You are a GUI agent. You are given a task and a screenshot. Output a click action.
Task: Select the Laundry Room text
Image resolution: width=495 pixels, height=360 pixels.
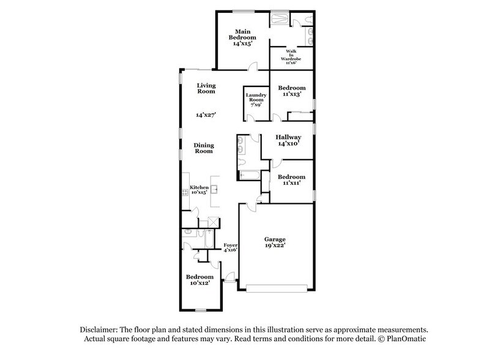256,100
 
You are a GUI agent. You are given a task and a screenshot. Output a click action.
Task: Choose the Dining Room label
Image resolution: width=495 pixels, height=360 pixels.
204,148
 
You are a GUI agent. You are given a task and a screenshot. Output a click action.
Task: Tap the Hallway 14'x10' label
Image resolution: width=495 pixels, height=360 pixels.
288,140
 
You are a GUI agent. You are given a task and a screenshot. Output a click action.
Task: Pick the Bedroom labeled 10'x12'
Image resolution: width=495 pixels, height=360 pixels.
199,280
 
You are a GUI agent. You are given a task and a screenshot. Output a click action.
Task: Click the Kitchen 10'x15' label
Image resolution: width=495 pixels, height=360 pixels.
198,190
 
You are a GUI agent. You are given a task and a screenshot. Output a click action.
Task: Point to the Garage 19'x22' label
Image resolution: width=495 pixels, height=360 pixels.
275,241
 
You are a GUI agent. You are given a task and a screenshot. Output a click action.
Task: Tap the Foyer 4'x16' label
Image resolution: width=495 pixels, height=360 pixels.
229,247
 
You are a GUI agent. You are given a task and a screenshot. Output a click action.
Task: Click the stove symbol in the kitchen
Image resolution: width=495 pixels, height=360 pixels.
184,193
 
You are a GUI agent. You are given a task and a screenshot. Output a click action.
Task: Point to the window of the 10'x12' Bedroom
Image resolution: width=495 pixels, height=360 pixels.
200,310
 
